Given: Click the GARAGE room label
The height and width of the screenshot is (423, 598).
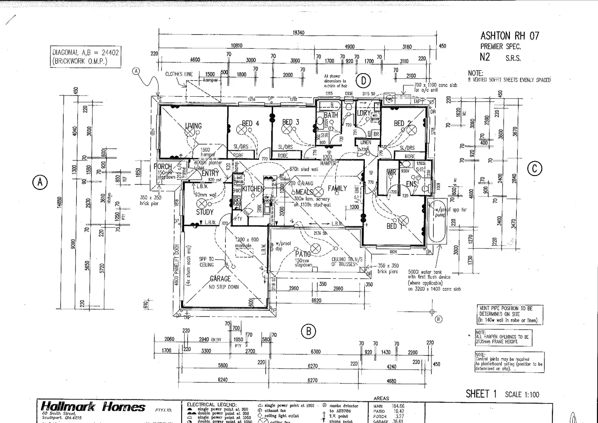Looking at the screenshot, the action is point(220,279).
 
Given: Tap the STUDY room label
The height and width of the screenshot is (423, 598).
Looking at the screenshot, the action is point(205,212).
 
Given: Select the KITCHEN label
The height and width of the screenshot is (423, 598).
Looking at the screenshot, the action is point(253,189).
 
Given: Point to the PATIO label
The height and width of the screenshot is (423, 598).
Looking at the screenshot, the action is point(303,254).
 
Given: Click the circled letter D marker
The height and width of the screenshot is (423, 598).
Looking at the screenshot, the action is point(363,81).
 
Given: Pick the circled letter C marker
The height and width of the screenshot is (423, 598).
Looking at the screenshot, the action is point(535,169).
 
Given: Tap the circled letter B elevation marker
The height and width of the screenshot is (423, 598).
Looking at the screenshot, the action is point(308,332).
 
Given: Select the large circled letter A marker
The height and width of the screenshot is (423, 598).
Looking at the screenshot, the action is point(40,182).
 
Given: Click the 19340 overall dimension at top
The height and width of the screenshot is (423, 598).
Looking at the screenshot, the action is point(298,33).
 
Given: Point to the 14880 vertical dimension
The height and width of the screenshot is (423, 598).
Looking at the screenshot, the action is point(60,202).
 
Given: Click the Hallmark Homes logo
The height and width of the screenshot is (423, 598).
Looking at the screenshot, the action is point(93,407).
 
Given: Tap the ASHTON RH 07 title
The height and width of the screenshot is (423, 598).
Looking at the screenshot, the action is point(509,36).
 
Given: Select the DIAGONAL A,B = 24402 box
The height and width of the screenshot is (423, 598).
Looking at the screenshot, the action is point(85,56).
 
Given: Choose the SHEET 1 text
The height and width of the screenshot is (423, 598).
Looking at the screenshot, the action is point(481,394).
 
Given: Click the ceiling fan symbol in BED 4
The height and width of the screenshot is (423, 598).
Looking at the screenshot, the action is point(242,130).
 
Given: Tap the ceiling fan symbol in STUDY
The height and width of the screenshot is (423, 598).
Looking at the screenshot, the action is point(201,204).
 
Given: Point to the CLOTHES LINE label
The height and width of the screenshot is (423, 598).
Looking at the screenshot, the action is point(179,74).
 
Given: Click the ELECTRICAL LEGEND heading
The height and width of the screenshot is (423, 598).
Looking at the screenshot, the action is point(212,405).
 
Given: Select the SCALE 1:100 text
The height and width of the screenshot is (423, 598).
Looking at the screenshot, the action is point(522,395).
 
